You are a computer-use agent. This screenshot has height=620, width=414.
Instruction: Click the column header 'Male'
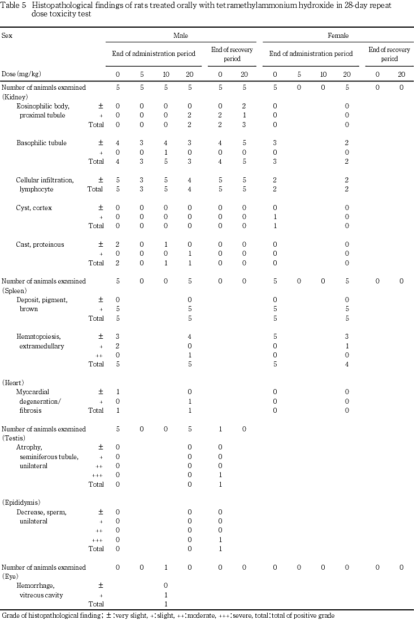pyautogui.click(x=181, y=36)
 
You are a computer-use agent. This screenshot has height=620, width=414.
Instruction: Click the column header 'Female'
pyautogui.click(x=338, y=36)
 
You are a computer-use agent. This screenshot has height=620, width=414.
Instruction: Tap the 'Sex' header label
pyautogui.click(x=7, y=36)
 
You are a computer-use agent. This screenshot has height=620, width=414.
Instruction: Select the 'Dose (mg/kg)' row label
pyautogui.click(x=21, y=74)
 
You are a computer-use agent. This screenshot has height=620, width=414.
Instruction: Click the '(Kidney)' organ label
pyautogui.click(x=15, y=97)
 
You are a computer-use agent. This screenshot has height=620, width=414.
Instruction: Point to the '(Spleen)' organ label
pyautogui.click(x=15, y=290)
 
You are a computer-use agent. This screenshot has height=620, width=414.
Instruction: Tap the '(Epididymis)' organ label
pyautogui.click(x=21, y=503)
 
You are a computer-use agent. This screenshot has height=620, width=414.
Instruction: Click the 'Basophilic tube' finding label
pyautogui.click(x=41, y=143)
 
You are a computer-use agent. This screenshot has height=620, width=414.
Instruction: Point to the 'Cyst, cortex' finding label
pyautogui.click(x=34, y=208)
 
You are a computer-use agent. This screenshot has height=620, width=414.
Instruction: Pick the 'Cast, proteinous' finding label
pyautogui.click(x=40, y=244)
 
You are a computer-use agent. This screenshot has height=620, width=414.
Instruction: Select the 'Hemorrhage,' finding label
pyautogui.click(x=34, y=586)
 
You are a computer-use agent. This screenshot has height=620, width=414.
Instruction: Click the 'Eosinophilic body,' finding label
pyautogui.click(x=43, y=106)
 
